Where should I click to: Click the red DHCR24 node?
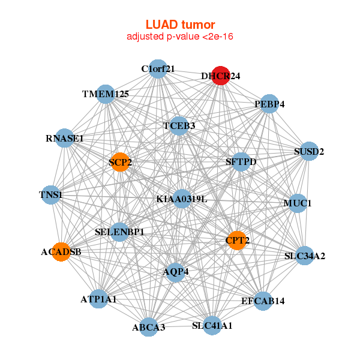(x=221, y=76)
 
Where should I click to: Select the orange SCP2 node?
(x=120, y=162)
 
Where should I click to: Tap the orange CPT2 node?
(x=236, y=241)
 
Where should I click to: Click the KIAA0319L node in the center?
(x=182, y=199)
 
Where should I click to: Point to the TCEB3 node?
(x=179, y=125)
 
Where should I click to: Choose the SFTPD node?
(x=241, y=161)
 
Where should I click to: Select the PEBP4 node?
(x=269, y=104)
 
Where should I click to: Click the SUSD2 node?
(x=304, y=151)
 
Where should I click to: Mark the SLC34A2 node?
(x=304, y=256)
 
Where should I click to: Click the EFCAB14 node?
(x=263, y=300)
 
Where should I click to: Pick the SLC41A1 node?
(x=212, y=325)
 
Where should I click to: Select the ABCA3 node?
(x=149, y=327)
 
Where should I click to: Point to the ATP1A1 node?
(x=98, y=298)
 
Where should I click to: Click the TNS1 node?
(x=51, y=194)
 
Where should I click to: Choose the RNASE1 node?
(x=65, y=139)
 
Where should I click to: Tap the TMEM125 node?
(x=106, y=94)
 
